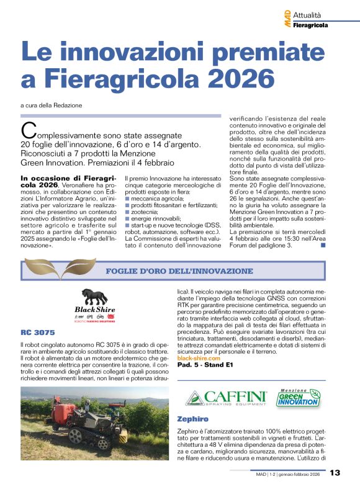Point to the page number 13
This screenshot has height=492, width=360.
coord(335,473)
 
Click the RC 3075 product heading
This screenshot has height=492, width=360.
coord(37,333)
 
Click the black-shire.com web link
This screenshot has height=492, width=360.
coord(199,359)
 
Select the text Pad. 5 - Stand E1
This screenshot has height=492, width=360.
coord(204,365)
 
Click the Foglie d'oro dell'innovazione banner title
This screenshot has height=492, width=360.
coord(179,271)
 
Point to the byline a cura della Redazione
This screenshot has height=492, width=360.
coord(51,105)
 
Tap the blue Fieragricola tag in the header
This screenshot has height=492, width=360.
coord(311,25)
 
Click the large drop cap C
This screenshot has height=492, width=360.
coord(27,131)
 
